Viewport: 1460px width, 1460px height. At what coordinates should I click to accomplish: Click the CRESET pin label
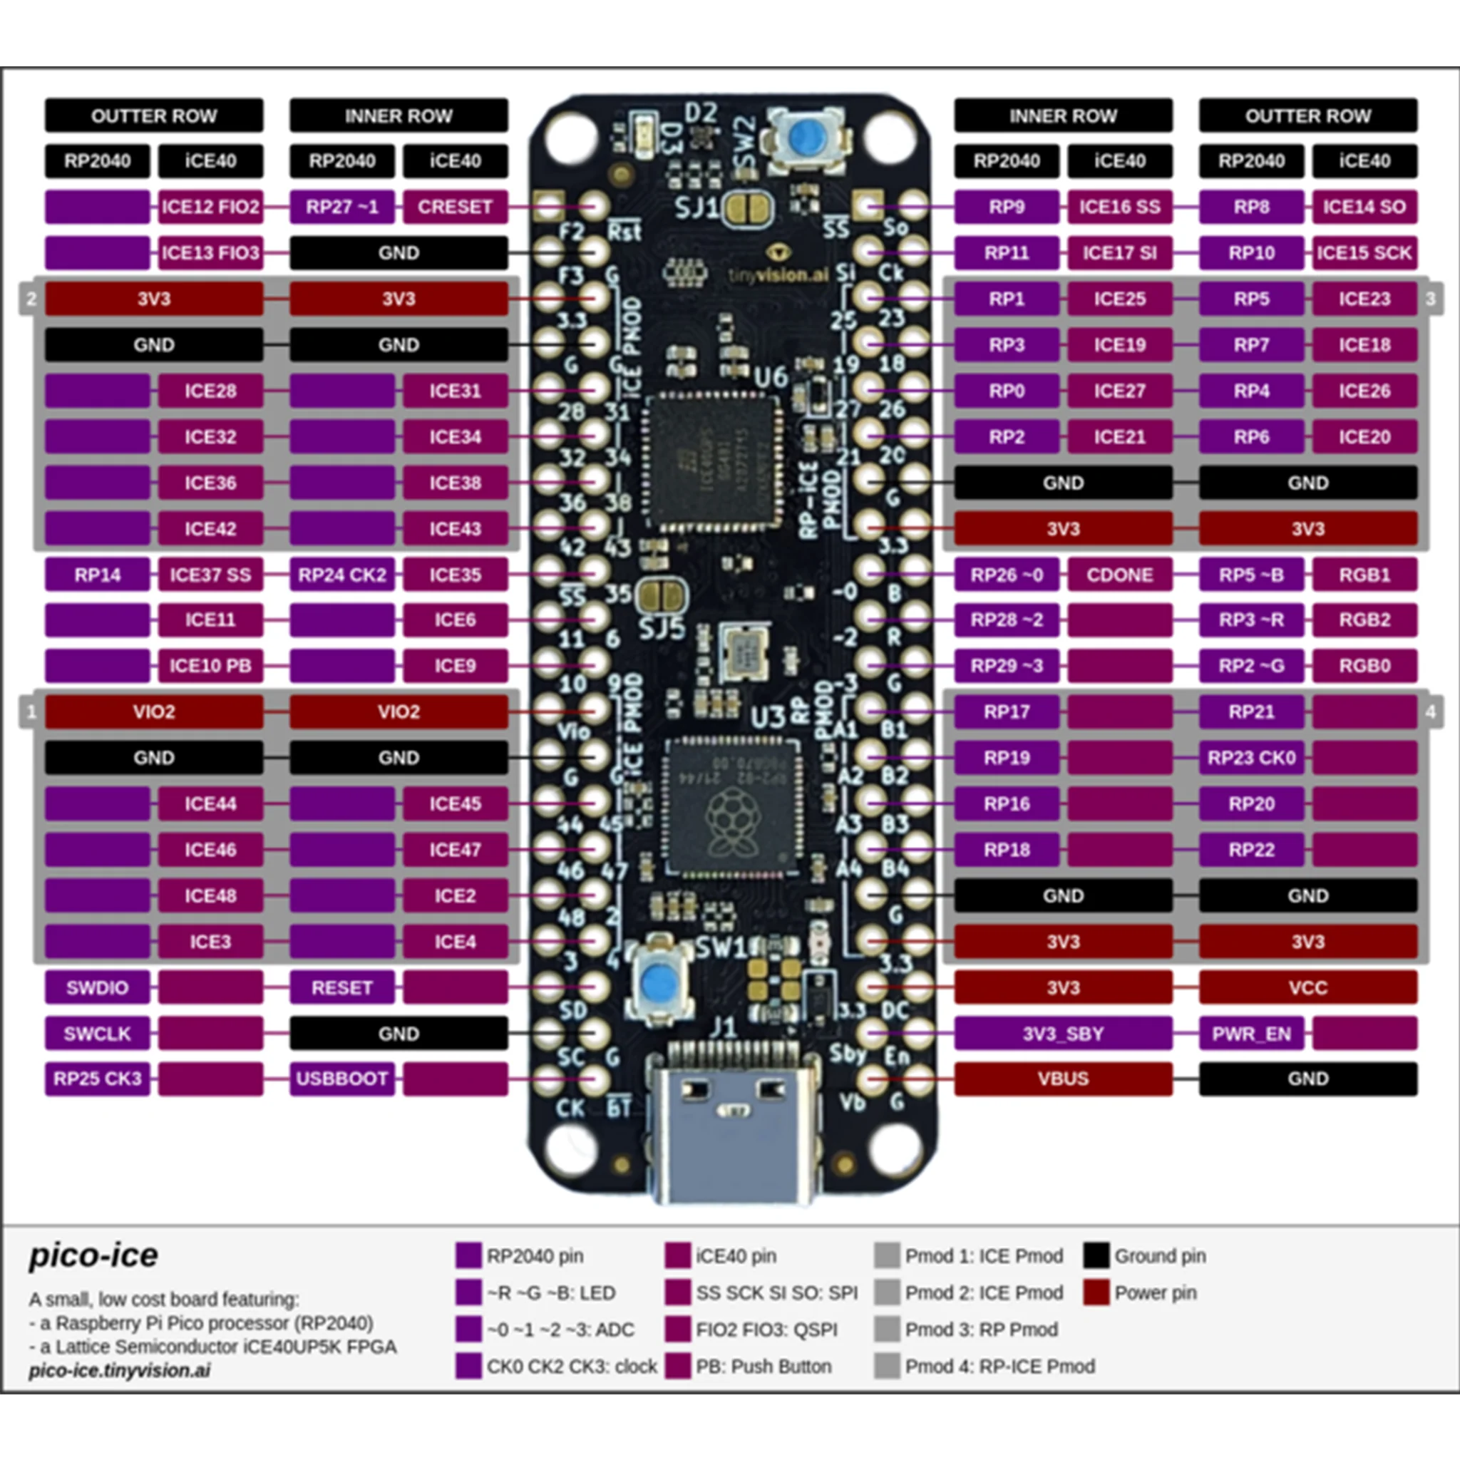[x=455, y=206]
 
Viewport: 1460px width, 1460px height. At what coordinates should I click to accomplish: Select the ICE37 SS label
[x=210, y=575]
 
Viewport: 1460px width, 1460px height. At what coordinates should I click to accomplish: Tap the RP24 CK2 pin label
[x=341, y=575]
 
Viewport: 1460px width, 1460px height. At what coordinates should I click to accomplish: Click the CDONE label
[x=1119, y=575]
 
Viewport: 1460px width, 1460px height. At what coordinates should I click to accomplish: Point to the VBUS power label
[x=1062, y=1079]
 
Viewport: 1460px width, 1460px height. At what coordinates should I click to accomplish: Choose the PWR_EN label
[x=1250, y=1033]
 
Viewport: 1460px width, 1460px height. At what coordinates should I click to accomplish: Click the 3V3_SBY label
[x=1062, y=1033]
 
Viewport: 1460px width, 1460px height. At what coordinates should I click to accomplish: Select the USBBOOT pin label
[x=341, y=1079]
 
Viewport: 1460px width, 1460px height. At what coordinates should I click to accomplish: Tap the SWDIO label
[x=97, y=987]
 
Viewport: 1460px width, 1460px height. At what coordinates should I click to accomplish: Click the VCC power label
[x=1307, y=987]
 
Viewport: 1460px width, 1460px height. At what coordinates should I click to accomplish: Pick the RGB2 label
[x=1364, y=620]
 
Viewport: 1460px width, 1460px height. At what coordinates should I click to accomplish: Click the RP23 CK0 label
[x=1250, y=758]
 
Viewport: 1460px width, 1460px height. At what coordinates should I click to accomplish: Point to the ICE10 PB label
[x=210, y=666]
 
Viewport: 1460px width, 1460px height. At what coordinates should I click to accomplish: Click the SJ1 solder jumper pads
[x=747, y=209]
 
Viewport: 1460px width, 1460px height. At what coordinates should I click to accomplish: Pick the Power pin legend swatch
[x=1096, y=1292]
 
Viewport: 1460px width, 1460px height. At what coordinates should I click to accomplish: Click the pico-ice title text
[x=93, y=1255]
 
